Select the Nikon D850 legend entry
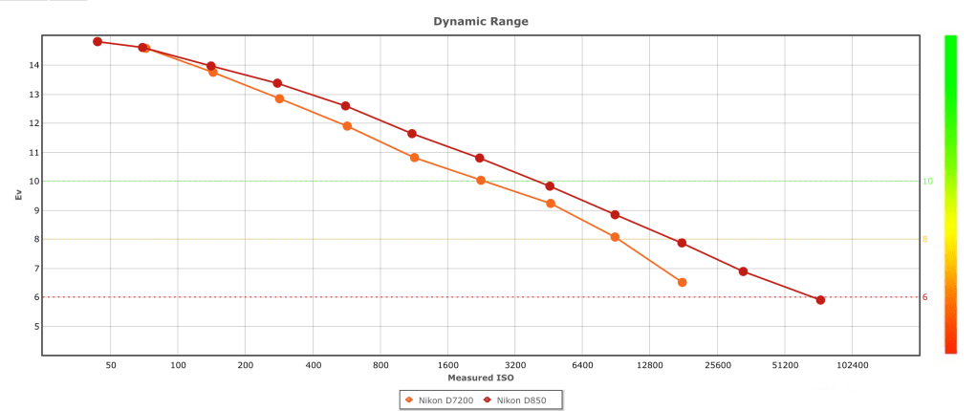[520, 400]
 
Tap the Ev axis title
[18, 195]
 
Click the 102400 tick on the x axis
[852, 365]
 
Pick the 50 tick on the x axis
[111, 365]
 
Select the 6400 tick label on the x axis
[582, 365]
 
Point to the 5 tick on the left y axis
[34, 326]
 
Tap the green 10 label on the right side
[927, 182]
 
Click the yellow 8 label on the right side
[925, 240]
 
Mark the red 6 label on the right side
[925, 297]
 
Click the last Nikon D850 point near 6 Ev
[820, 300]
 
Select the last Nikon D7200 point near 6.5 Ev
[682, 282]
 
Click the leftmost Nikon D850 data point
[98, 42]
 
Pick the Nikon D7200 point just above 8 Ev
[615, 237]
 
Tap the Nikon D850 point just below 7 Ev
[743, 271]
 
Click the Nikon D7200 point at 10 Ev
[481, 181]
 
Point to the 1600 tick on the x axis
[447, 365]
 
